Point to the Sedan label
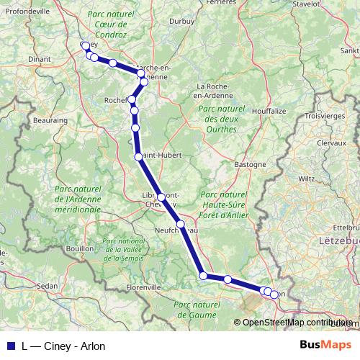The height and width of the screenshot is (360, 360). [x=47, y=286]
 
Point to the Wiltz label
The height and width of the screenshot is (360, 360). [x=307, y=176]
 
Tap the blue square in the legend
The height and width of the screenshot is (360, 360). [x=11, y=346]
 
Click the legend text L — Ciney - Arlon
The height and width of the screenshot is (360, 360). [x=63, y=346]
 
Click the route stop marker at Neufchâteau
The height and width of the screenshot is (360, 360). [x=181, y=225]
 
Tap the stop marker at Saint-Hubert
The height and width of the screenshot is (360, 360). [x=138, y=156]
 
